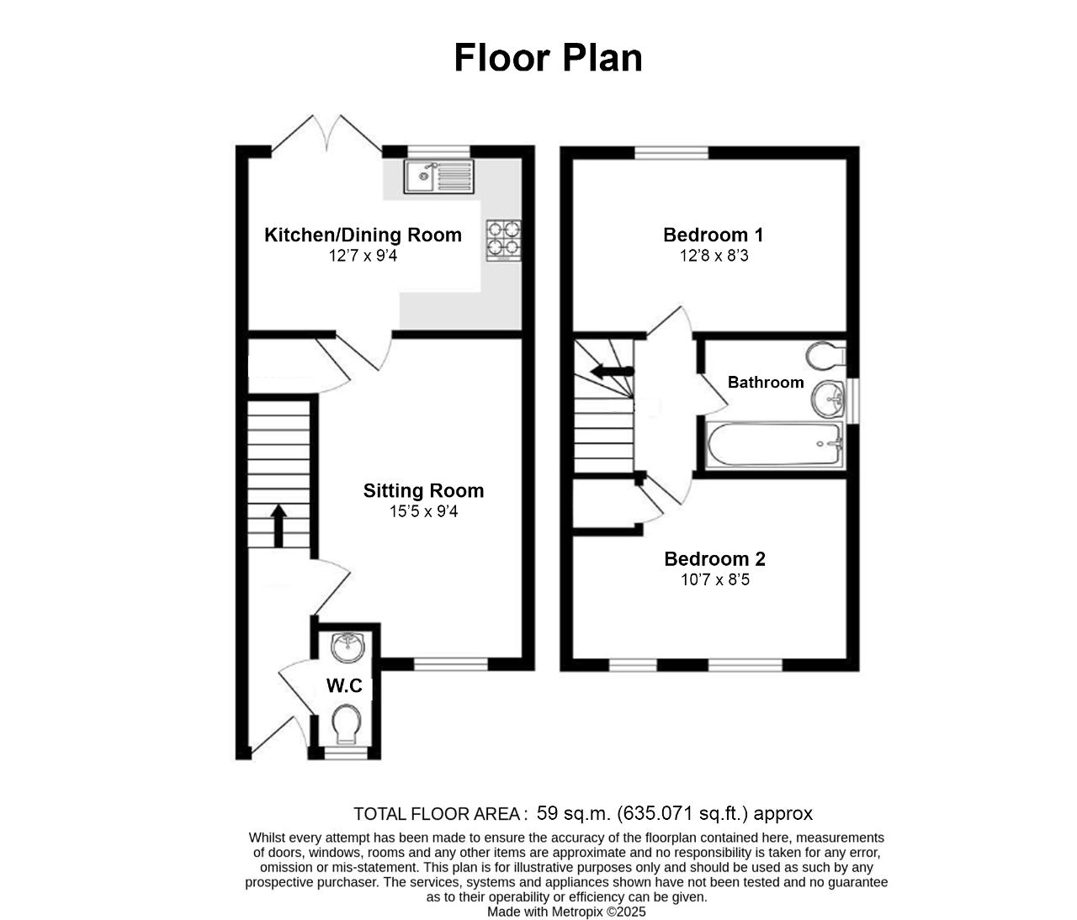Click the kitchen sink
(x=438, y=177)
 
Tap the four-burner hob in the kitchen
(x=503, y=241)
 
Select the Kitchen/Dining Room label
(x=363, y=235)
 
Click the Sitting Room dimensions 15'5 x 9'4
(x=423, y=512)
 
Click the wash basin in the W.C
(x=347, y=648)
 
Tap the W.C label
(x=344, y=685)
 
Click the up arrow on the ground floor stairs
(x=279, y=526)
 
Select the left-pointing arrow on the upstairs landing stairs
(x=612, y=372)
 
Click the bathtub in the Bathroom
(x=774, y=444)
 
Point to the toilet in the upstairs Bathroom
(x=825, y=355)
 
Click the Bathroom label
(x=766, y=382)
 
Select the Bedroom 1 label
(x=714, y=235)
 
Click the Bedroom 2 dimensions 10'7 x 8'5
(x=715, y=579)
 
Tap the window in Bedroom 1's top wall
(x=671, y=152)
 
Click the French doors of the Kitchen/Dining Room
(x=326, y=133)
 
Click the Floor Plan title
(x=548, y=58)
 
